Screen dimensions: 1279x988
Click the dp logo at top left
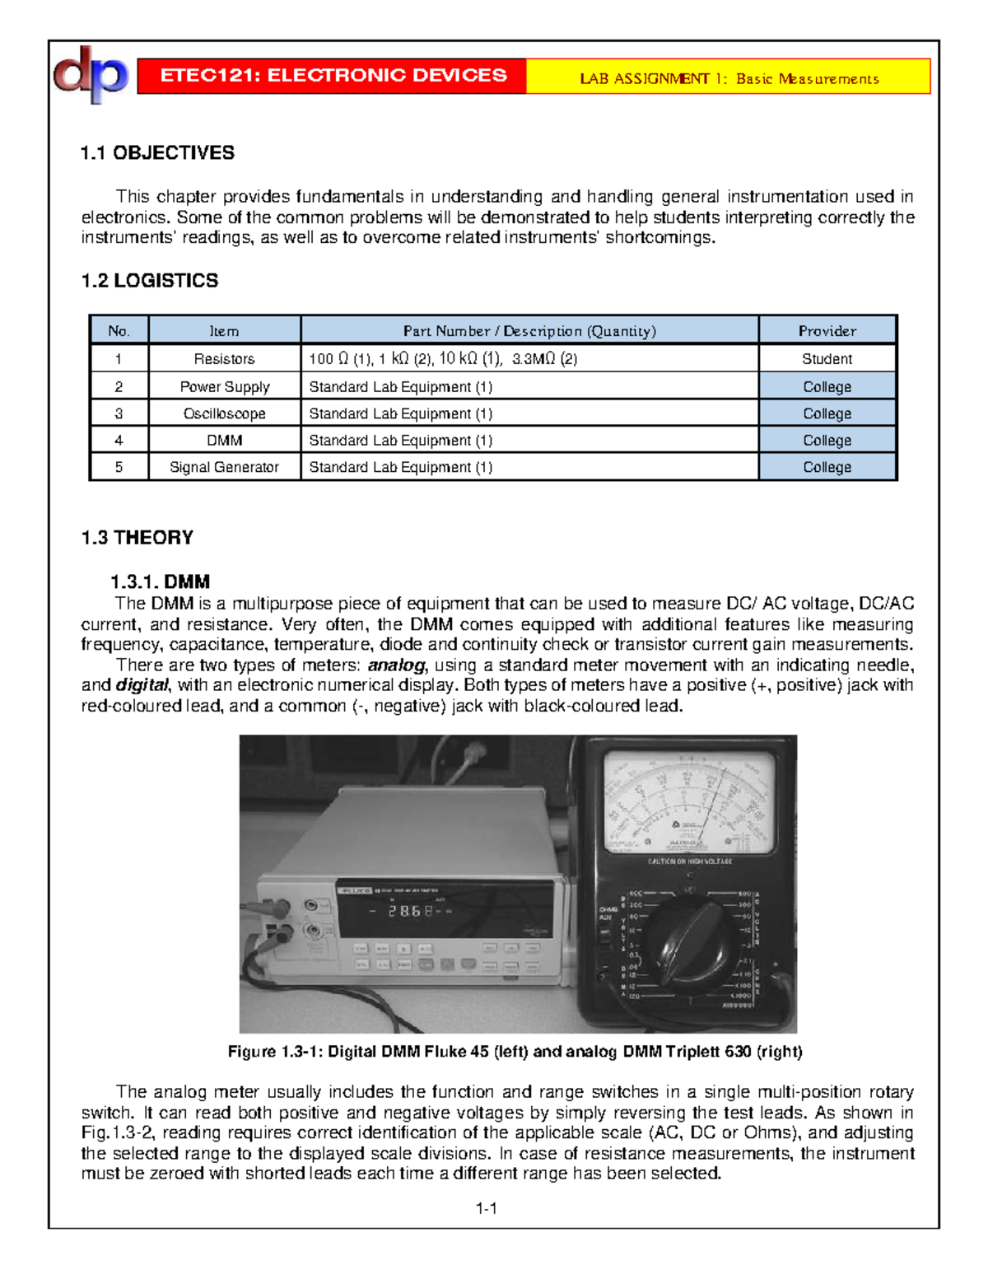91,74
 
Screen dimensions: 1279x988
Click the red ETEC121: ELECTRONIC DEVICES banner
333,76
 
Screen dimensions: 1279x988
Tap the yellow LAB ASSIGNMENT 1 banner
728,78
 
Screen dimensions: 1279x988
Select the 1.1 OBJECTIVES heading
157,152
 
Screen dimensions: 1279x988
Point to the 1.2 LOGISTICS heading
149,281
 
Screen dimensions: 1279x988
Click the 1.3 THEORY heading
137,538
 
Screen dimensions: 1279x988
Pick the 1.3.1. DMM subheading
160,582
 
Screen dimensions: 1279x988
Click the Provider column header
827,330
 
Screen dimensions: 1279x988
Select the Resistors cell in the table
224,359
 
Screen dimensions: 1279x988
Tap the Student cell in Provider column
827,359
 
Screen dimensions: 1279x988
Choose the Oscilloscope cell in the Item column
224,413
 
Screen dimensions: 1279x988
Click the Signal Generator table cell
224,467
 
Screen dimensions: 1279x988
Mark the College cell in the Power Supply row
827,386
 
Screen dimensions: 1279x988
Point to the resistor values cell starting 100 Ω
443,359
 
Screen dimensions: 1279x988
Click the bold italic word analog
397,665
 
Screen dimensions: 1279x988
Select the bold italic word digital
142,685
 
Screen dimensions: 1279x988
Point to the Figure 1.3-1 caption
515,1052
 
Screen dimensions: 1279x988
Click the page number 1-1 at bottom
486,1208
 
